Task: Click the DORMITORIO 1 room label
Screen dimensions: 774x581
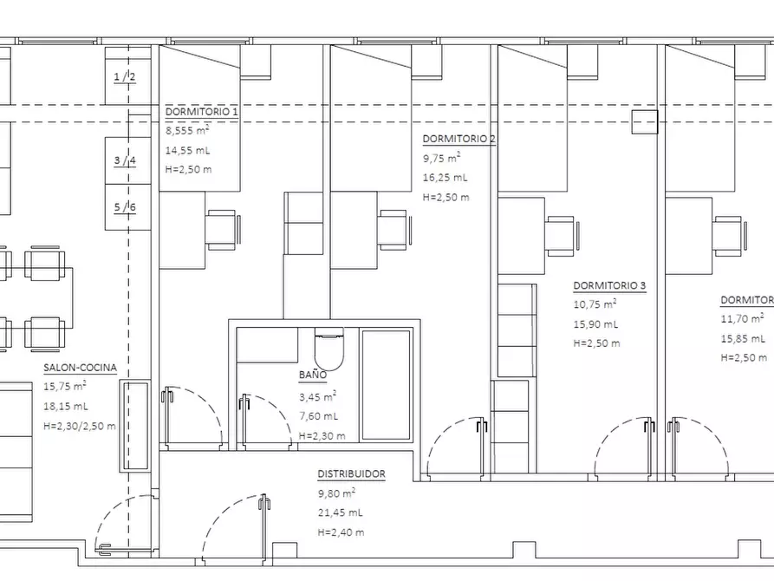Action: pos(201,112)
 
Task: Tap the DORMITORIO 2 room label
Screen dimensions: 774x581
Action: pos(459,139)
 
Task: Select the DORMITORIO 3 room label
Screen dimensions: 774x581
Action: pos(609,285)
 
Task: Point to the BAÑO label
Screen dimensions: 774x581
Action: pos(313,375)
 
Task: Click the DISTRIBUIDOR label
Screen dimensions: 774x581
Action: pos(351,474)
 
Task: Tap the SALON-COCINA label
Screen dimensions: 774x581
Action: pos(80,368)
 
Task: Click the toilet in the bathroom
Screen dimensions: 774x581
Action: pos(328,349)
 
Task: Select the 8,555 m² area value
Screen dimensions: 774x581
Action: pos(187,130)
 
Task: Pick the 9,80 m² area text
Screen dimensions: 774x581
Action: pos(336,493)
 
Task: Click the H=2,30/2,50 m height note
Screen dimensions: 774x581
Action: pos(80,426)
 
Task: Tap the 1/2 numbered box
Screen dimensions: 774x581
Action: pos(128,75)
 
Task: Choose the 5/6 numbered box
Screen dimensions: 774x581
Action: pos(128,207)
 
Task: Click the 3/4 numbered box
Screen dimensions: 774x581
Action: pos(128,160)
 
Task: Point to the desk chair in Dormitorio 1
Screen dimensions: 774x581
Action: pos(223,230)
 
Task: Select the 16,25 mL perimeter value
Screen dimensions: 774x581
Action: pos(445,178)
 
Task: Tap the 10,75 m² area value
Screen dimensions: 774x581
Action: pos(595,304)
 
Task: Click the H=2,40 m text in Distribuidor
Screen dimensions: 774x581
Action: pos(341,532)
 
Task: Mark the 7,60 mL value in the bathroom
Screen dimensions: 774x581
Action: pos(318,416)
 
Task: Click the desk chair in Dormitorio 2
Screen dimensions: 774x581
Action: pos(395,230)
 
